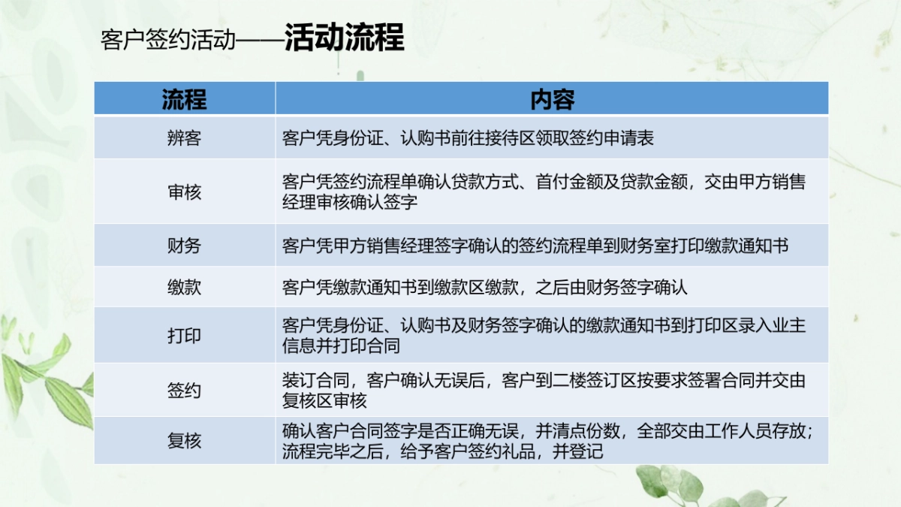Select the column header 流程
click(x=184, y=99)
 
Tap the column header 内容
click(x=552, y=99)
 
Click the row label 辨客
click(x=184, y=138)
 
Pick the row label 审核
click(x=184, y=192)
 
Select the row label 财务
click(x=184, y=246)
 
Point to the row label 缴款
click(x=184, y=288)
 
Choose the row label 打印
click(x=184, y=336)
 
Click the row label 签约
click(x=184, y=391)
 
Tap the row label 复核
click(x=184, y=441)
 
